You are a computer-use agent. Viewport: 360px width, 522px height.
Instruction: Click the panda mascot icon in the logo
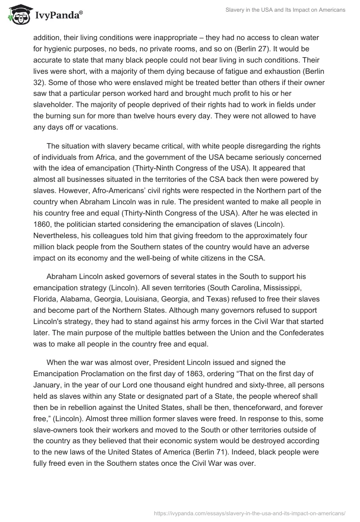(x=18, y=14)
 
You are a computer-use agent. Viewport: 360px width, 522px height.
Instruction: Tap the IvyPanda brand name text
(x=55, y=15)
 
